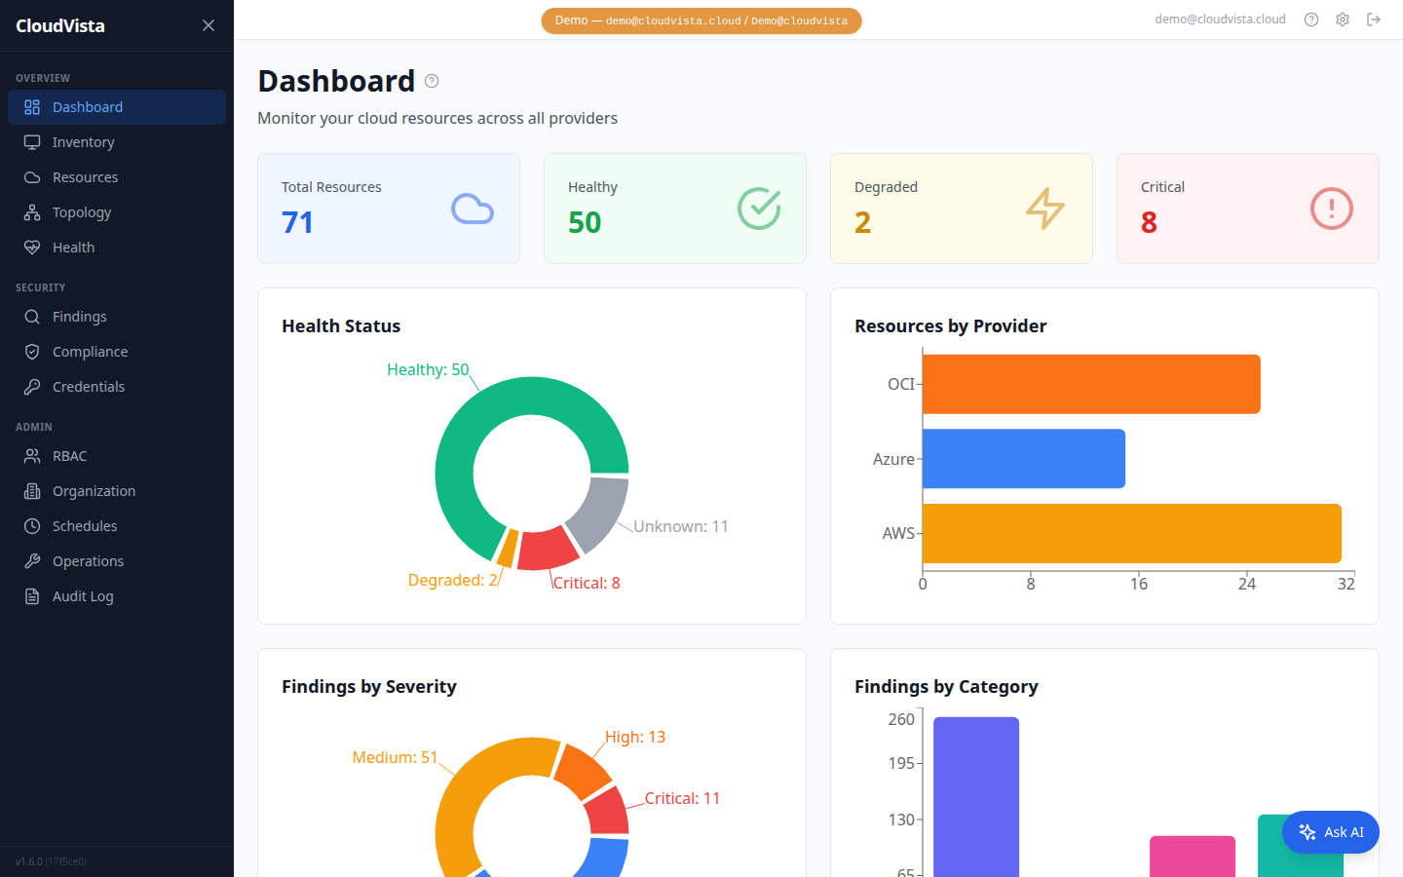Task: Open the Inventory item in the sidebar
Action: click(x=83, y=142)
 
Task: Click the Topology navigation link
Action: click(x=82, y=212)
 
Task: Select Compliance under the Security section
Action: click(x=90, y=352)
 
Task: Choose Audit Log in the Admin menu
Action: click(x=83, y=596)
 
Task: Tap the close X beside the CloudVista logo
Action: click(x=209, y=25)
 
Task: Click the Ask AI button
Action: click(x=1330, y=832)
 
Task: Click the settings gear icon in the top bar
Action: click(x=1343, y=19)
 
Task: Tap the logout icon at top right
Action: click(x=1374, y=19)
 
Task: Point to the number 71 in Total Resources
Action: click(x=297, y=223)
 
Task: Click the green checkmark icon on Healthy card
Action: click(x=759, y=209)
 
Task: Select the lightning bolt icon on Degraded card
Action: click(x=1045, y=209)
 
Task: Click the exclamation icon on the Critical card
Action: click(x=1331, y=209)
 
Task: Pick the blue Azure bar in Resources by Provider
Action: click(x=1023, y=459)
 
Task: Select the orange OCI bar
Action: click(x=1091, y=384)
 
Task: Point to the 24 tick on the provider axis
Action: click(x=1247, y=584)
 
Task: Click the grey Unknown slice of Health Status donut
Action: click(x=597, y=513)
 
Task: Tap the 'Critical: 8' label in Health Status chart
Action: click(x=587, y=583)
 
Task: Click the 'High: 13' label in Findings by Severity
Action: click(x=635, y=737)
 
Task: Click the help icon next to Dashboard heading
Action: click(x=432, y=81)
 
